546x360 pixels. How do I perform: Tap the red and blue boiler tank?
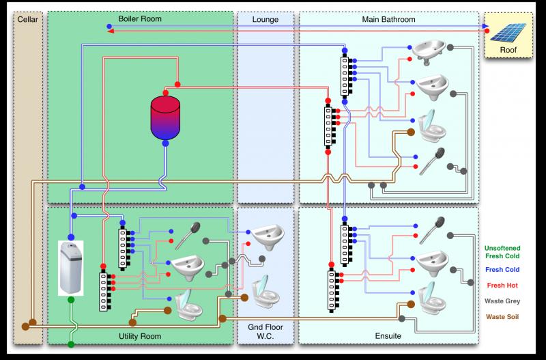[164, 116]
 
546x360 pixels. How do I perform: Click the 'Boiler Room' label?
[139, 19]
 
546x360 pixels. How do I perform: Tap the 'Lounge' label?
[265, 19]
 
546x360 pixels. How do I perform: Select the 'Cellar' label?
[29, 19]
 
